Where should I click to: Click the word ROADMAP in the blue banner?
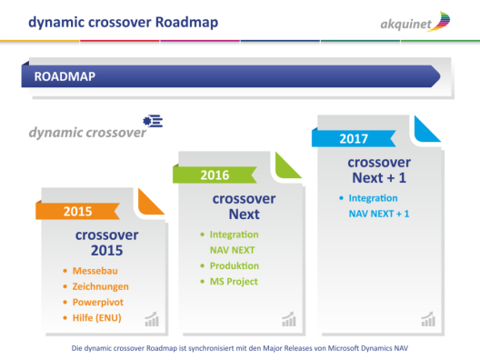point(65,76)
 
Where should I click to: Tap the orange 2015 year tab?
point(77,211)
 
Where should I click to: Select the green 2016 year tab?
point(215,175)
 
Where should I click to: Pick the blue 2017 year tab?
point(354,139)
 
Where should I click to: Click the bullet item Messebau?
point(96,271)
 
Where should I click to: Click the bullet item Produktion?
point(235,265)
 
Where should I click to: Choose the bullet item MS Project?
point(234,281)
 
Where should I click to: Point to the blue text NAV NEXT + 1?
point(379,214)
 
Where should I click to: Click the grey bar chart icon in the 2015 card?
point(152,319)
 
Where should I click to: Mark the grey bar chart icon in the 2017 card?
point(428,318)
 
